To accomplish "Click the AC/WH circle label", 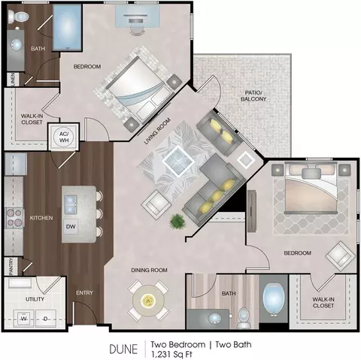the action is point(64,137).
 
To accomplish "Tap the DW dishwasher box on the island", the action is point(71,226).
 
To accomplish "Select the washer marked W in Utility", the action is point(24,319).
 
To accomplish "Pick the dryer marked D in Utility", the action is point(46,319).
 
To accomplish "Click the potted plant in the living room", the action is point(177,221).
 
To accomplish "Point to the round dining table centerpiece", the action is point(148,300).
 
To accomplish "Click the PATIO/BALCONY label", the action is point(253,95).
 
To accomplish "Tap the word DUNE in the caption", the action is point(123,349).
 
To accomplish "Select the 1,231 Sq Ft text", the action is point(171,355).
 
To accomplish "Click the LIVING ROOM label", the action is point(157,131).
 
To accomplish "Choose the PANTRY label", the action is point(11,267).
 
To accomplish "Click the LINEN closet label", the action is point(13,80).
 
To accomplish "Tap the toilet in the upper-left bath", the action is point(18,17).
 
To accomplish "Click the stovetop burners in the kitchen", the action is point(14,217).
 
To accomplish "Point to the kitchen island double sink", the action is point(71,204).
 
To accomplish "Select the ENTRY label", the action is point(84,292).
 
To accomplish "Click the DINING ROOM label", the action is point(149,270).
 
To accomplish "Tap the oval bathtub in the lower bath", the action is point(274,298).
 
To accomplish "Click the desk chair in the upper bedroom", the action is point(137,29).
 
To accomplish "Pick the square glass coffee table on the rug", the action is point(178,161).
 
